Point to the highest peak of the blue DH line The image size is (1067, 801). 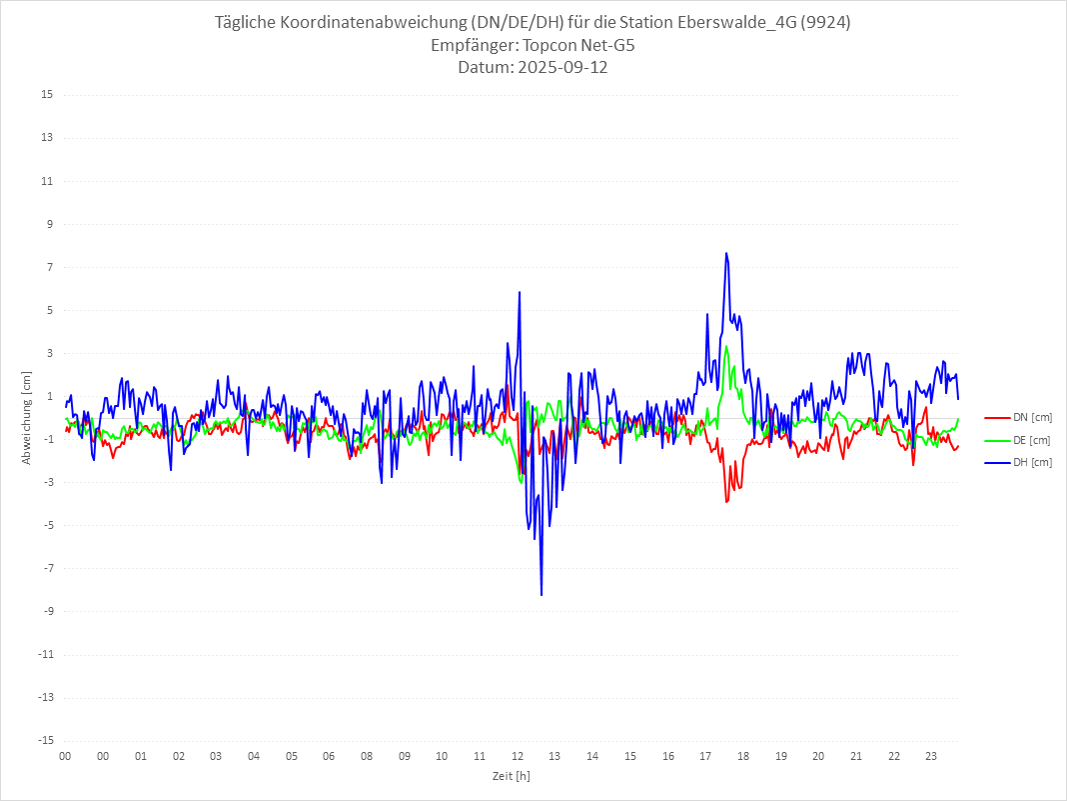pos(726,253)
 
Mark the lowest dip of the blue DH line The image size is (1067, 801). pos(541,595)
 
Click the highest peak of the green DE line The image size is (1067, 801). pos(726,347)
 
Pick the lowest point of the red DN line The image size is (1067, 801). pos(726,501)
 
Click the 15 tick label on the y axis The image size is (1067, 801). pos(46,95)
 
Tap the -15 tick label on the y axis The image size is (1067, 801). pos(44,741)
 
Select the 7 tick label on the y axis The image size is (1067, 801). pos(48,267)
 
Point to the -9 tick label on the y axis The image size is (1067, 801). pos(46,612)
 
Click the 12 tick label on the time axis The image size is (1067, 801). pos(518,756)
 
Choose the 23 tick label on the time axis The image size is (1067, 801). pos(931,756)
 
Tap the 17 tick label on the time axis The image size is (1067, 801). pos(705,756)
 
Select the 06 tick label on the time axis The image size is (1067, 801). pos(329,756)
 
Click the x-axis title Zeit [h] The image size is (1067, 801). pos(512,775)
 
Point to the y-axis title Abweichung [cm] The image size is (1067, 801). pos(27,418)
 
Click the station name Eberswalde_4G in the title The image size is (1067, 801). pos(745,23)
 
